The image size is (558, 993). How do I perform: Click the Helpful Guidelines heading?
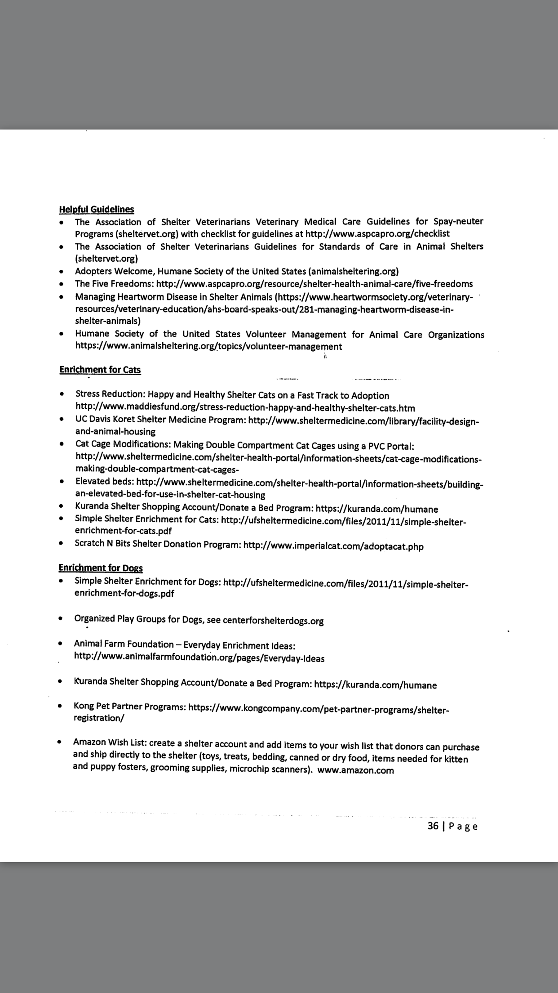click(x=97, y=209)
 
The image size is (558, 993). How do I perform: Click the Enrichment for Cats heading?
click(x=100, y=370)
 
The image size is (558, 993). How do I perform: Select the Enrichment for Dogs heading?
click(x=101, y=568)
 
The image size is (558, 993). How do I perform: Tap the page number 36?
click(x=433, y=826)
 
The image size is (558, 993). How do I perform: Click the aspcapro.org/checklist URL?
click(x=377, y=233)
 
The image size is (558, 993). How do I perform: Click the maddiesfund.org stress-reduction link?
click(x=245, y=408)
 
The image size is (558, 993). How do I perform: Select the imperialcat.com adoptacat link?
click(x=333, y=546)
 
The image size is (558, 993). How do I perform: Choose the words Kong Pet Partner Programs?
click(x=129, y=706)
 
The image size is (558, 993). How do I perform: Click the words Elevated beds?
click(x=104, y=481)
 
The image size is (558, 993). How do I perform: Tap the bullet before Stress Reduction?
click(x=61, y=394)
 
